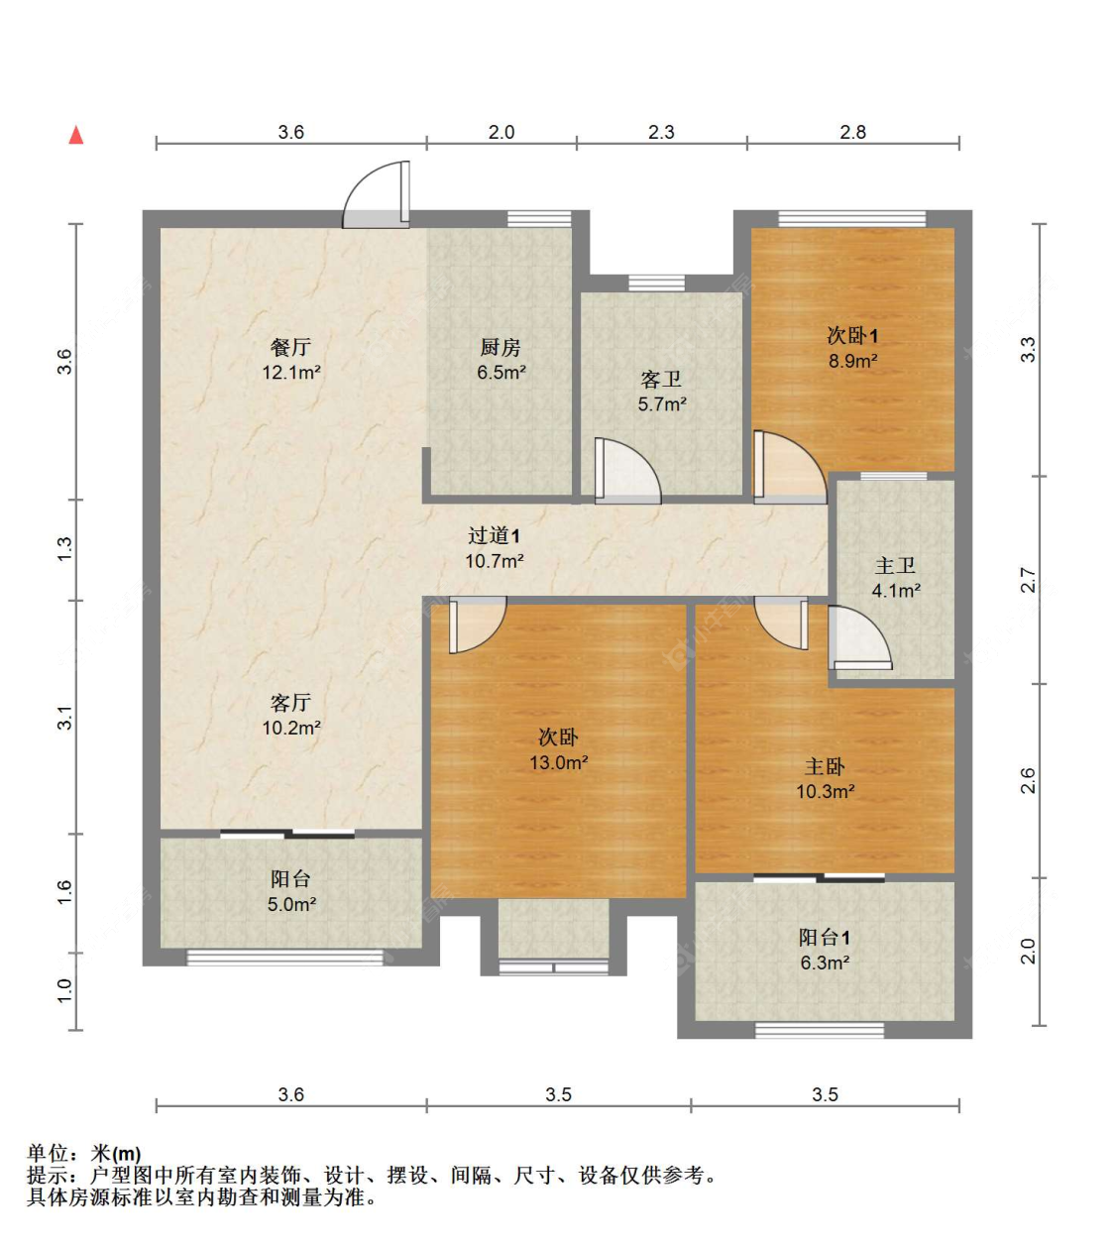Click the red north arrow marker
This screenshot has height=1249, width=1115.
[x=75, y=135]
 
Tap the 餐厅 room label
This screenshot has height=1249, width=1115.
[x=290, y=359]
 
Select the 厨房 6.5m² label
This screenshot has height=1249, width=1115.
[x=501, y=359]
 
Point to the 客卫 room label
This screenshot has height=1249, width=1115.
[x=661, y=391]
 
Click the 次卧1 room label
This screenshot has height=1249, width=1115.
[x=852, y=347]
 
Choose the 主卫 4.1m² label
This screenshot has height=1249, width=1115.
[x=895, y=577]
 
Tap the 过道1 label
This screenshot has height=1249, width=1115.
[x=494, y=547]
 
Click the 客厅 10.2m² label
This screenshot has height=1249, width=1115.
[x=290, y=714]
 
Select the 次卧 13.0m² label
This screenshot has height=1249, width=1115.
[x=558, y=748]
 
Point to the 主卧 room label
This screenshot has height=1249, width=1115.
[x=825, y=778]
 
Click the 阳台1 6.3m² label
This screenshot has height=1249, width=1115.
[x=825, y=949]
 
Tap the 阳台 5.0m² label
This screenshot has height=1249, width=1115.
[x=290, y=890]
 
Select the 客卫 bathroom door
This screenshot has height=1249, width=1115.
[x=626, y=471]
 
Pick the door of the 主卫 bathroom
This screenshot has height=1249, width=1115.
[x=858, y=639]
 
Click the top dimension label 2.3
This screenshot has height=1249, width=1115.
[x=661, y=132]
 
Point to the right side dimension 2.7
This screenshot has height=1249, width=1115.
[x=1028, y=580]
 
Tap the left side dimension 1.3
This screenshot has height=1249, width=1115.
[x=64, y=548]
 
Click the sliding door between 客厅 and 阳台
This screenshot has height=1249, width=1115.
[x=287, y=834]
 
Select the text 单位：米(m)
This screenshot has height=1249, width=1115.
[x=84, y=1153]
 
